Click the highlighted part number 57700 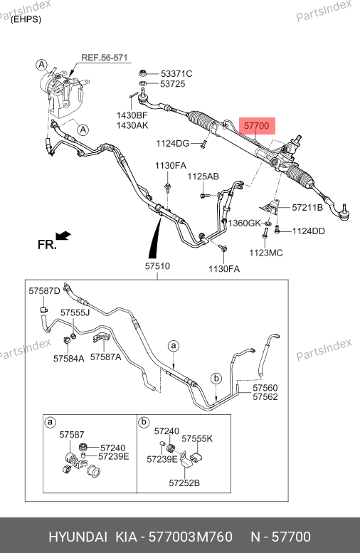257,125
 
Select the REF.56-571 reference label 105,58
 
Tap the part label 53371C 176,74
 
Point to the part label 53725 172,84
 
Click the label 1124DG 173,144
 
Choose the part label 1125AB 203,177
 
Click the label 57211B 307,207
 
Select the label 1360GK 244,223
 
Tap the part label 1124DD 309,231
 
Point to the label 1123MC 266,253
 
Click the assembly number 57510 157,266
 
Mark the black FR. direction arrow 63,236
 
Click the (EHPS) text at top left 26,19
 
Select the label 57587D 44,291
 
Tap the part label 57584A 69,359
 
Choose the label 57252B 184,483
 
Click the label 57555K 197,438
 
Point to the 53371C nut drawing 143,73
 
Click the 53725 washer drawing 143,83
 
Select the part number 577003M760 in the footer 191,537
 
